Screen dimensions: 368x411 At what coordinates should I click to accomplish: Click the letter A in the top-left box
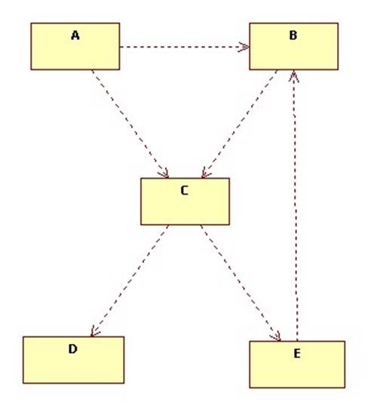click(75, 35)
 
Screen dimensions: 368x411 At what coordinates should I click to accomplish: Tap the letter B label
click(293, 35)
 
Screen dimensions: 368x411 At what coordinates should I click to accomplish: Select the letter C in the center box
click(185, 191)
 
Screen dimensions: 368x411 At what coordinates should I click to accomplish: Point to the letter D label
click(73, 349)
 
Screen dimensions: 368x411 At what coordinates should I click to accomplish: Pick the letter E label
click(297, 354)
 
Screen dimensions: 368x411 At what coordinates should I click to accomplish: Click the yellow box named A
click(75, 47)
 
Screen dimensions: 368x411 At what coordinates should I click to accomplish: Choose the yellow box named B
click(293, 47)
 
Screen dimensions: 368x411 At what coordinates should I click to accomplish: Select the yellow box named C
click(185, 201)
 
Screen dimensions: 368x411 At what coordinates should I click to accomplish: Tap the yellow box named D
click(74, 360)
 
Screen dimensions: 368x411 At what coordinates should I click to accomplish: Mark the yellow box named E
click(297, 364)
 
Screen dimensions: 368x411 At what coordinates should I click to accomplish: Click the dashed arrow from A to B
click(185, 47)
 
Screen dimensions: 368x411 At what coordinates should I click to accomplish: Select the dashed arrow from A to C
click(130, 124)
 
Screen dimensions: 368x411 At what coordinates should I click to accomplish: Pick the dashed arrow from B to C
click(239, 124)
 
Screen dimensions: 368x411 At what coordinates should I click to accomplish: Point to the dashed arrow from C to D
click(129, 281)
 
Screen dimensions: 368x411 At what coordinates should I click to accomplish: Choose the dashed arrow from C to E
click(241, 283)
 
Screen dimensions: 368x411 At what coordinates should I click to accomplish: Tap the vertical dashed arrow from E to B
click(296, 205)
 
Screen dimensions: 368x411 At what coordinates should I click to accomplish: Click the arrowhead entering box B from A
click(244, 47)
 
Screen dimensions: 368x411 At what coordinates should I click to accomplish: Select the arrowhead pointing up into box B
click(294, 75)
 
